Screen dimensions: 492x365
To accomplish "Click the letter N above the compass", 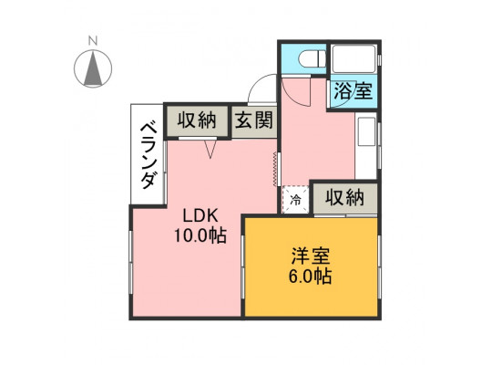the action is click(93, 41).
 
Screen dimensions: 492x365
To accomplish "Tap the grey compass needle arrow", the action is click(93, 68).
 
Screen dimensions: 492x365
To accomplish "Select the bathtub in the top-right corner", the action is click(354, 59).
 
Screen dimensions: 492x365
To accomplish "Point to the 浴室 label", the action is click(354, 90).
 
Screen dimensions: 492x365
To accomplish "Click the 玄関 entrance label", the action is click(254, 120).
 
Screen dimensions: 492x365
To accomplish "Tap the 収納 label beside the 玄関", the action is click(197, 120).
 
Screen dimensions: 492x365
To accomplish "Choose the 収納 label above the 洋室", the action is click(344, 198).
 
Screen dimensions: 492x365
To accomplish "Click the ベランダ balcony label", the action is click(149, 156).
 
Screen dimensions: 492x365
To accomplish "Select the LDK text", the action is click(200, 216).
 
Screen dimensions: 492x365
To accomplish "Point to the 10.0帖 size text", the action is click(200, 235).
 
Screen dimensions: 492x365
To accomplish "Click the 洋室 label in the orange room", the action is click(311, 256).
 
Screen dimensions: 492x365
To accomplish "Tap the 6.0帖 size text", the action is click(311, 276).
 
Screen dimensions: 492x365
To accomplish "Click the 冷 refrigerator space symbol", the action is click(295, 200).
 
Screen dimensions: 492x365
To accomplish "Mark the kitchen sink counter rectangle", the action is click(366, 131).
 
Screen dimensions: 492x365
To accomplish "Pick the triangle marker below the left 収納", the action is click(210, 149).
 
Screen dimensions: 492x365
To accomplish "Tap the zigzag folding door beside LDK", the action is click(275, 169).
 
